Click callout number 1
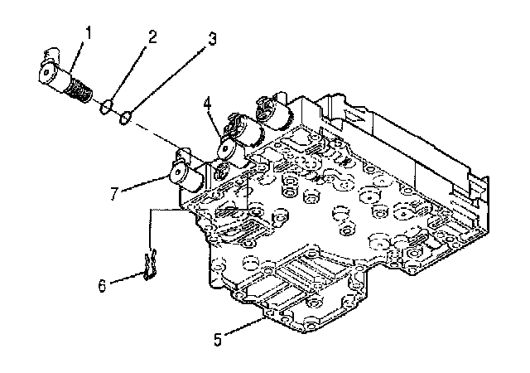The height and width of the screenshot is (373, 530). tap(89, 33)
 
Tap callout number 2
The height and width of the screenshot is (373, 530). tap(152, 36)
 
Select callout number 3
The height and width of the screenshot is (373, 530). tap(211, 39)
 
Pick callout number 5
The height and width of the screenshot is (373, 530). tap(218, 340)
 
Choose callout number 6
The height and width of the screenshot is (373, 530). tap(102, 285)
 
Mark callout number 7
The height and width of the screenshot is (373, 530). tap(114, 193)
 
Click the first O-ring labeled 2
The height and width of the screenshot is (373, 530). tap(106, 106)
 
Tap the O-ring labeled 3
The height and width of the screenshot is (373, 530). tap(126, 118)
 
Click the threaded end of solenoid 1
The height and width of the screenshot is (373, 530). tap(79, 90)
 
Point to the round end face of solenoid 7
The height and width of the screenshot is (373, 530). tap(177, 172)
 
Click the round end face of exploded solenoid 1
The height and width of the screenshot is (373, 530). tap(46, 72)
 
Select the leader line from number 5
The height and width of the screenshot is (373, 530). tap(243, 326)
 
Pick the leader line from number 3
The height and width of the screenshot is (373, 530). tap(166, 80)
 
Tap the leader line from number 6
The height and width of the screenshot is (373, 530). tap(127, 277)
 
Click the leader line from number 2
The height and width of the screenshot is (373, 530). tap(127, 73)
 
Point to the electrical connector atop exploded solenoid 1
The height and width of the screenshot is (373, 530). tap(51, 54)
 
